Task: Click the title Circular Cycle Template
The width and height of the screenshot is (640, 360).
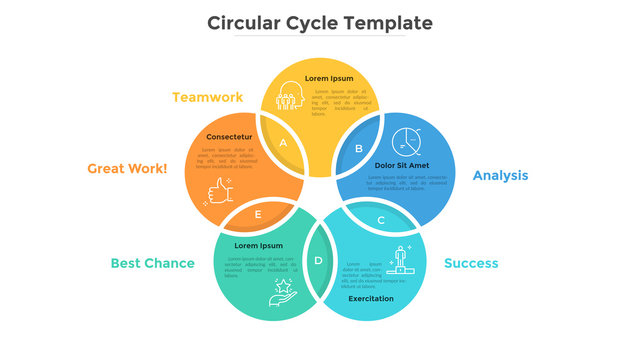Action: click(320, 22)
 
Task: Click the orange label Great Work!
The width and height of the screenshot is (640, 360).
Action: click(127, 169)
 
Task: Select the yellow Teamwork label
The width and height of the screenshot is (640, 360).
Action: click(207, 97)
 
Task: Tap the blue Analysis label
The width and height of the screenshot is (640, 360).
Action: click(500, 175)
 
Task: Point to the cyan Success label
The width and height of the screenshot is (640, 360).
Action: click(471, 263)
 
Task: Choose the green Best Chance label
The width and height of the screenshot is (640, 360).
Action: click(152, 263)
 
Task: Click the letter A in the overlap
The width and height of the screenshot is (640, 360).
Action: click(283, 143)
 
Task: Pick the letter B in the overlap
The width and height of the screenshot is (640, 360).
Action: click(359, 148)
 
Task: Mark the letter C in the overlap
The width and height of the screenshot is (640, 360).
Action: click(380, 220)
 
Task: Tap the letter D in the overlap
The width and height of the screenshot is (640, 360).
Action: click(319, 261)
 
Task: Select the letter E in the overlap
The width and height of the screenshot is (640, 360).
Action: click(258, 214)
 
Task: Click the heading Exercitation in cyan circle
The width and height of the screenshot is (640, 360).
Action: click(371, 298)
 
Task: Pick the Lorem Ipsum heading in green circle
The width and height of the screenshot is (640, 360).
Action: click(258, 245)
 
